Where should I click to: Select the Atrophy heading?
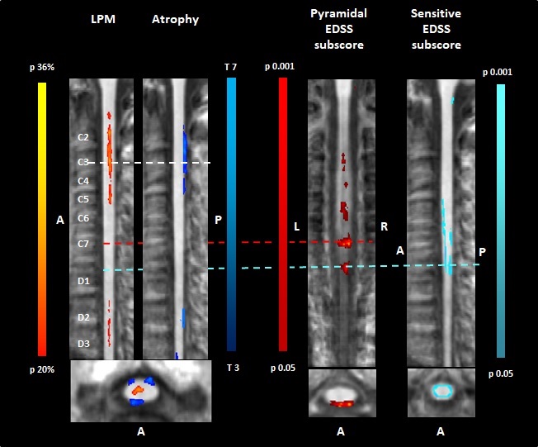pos(175,19)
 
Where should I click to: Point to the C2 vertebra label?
pos(83,136)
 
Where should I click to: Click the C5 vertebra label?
pos(83,199)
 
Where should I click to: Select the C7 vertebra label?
pos(83,244)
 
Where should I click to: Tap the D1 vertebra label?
pos(83,282)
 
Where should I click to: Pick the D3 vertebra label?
pos(83,343)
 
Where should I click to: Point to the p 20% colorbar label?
pos(41,369)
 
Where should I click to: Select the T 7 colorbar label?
pos(231,65)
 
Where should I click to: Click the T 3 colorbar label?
pos(231,366)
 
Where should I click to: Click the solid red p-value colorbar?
pos(283,215)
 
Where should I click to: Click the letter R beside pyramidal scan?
pos(384,226)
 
